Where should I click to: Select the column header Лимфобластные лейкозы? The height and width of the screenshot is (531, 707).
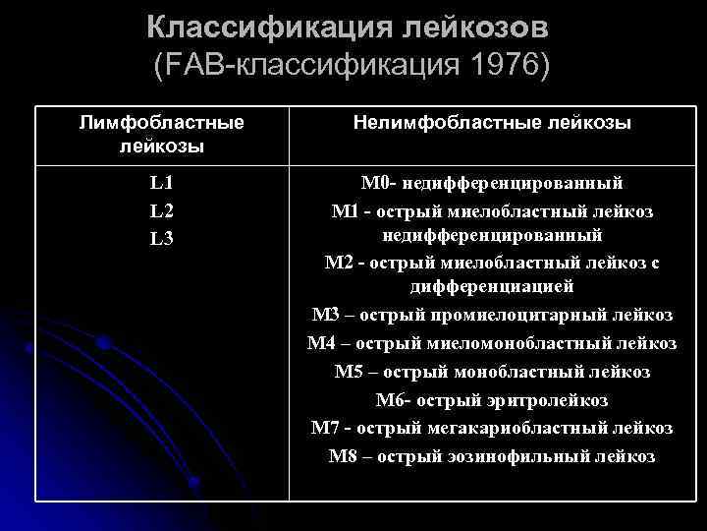click(162, 134)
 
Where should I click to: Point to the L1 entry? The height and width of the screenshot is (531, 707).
click(162, 183)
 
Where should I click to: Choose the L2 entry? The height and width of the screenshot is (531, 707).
click(162, 210)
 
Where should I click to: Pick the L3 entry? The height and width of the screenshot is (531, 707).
click(162, 238)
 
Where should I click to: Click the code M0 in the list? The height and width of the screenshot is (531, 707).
click(376, 183)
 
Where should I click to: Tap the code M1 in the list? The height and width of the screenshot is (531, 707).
click(348, 210)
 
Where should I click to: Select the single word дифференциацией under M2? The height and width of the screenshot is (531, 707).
click(492, 287)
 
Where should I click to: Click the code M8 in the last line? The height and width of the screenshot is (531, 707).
click(343, 456)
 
